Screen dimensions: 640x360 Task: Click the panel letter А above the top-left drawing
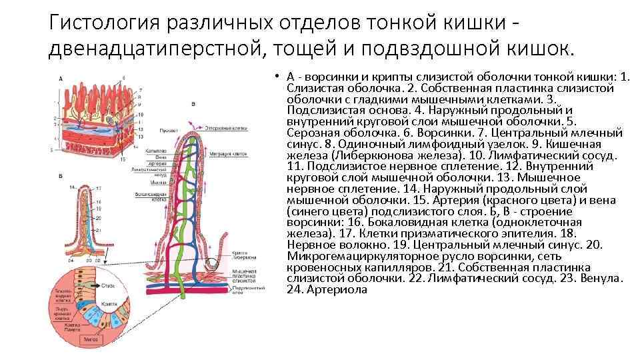(x=61, y=78)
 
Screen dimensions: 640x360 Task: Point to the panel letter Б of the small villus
(x=61, y=175)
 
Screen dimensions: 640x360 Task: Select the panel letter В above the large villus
(x=193, y=104)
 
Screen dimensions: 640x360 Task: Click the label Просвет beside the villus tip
(x=169, y=129)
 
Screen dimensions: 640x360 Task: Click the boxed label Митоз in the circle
(x=90, y=339)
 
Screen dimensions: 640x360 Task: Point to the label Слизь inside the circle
(x=108, y=285)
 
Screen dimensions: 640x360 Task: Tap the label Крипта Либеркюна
(x=242, y=256)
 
